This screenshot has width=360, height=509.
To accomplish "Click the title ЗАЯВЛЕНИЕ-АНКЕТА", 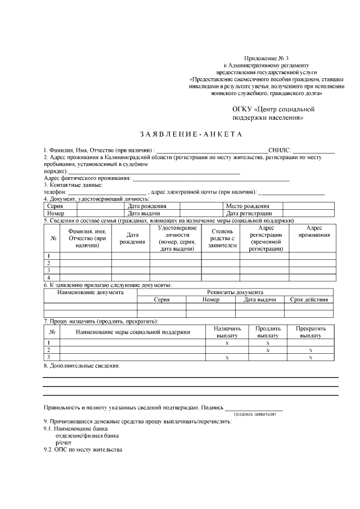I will [191, 134].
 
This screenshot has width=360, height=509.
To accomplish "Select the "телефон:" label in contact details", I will [55, 192].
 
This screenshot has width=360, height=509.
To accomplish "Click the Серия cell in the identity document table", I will [55, 206].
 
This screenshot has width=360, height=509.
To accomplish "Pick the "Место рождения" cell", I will [247, 206].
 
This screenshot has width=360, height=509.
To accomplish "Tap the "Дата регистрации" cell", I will [249, 214].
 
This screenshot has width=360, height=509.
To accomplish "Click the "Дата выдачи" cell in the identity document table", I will [144, 214].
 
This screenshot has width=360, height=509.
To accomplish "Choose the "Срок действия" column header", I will [309, 300].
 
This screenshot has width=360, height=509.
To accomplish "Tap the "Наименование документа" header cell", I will [90, 292].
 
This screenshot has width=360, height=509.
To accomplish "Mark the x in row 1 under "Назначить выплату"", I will [227, 343].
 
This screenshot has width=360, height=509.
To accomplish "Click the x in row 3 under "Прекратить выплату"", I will [310, 357].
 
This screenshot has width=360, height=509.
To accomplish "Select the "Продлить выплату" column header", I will [268, 332].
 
